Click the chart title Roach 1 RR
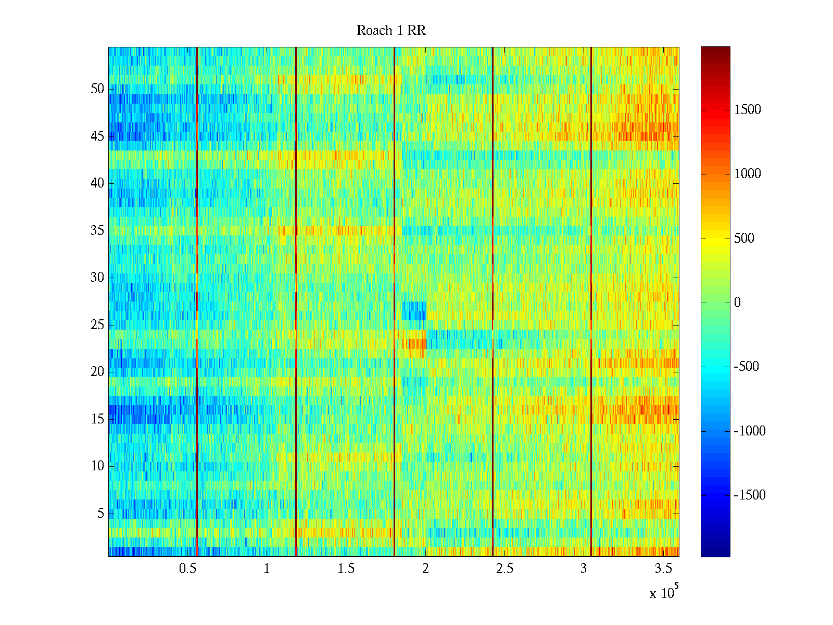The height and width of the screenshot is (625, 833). [391, 31]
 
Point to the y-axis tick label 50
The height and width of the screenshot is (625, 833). [97, 89]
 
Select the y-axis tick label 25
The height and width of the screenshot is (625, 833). [97, 325]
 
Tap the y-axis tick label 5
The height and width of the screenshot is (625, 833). [100, 514]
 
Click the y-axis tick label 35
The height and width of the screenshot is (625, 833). [97, 231]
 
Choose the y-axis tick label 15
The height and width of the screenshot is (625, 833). [97, 419]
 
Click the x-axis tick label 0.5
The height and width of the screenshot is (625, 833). [187, 569]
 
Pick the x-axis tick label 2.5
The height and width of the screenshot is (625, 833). [504, 569]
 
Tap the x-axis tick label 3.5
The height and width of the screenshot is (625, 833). [663, 569]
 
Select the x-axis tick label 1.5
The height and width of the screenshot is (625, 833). [346, 569]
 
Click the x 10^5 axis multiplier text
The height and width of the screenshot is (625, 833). [663, 593]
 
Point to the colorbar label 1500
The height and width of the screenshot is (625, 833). [747, 110]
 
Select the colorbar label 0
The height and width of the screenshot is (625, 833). [737, 303]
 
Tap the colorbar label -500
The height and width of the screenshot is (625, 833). [746, 367]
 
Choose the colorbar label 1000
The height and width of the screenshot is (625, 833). [747, 174]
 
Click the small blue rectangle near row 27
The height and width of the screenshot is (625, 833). [414, 311]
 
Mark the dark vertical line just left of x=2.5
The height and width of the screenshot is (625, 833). [493, 302]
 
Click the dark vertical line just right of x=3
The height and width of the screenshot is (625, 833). [591, 302]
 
